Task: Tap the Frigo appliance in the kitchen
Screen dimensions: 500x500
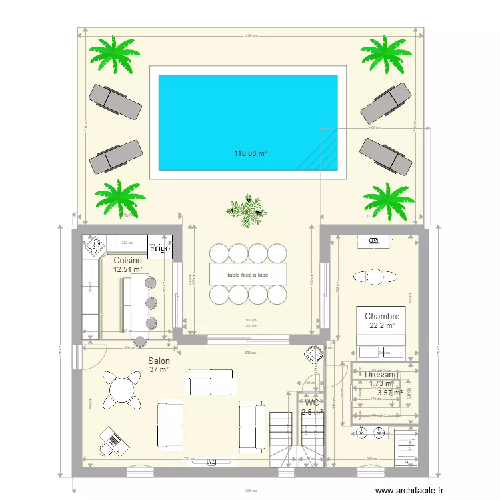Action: coord(161,248)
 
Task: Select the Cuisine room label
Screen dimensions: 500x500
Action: coord(127,260)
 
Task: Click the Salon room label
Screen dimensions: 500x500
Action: coord(159,360)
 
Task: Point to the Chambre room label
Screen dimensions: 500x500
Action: coord(382,316)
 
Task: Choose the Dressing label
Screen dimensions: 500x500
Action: coord(381,375)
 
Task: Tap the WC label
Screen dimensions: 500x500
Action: coord(311,403)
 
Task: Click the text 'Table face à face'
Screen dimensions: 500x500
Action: coord(247,275)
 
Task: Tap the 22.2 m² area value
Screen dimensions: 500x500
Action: coord(381,326)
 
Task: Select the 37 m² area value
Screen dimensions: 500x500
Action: coord(159,370)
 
